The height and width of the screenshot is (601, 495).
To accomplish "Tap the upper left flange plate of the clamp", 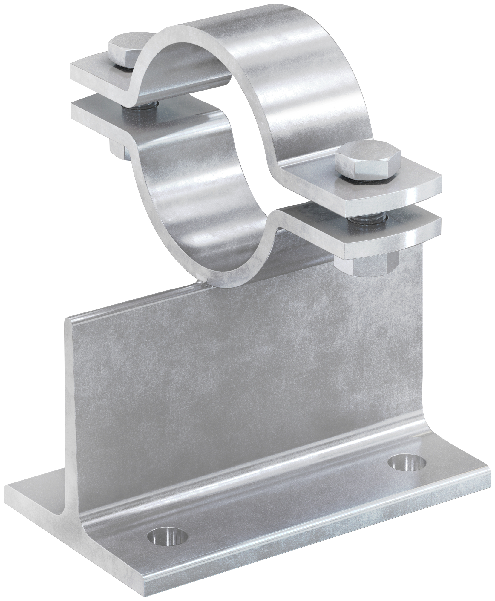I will pos(99,72).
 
